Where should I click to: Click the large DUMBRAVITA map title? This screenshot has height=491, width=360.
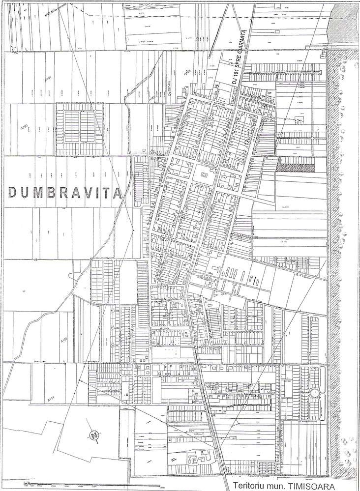coord(65,192)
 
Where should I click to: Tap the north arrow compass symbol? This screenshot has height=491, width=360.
coord(93,434)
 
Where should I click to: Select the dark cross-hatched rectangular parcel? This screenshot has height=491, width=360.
coord(295,167)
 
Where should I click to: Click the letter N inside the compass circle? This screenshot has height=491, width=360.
coord(93,434)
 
